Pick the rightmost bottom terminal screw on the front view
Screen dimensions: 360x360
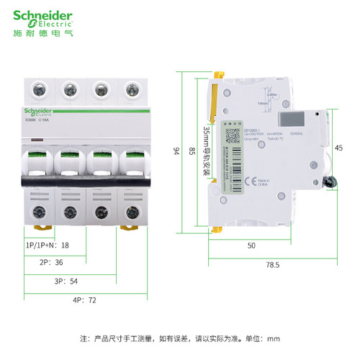pyautogui.click(x=130, y=212)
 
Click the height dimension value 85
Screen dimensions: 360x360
pyautogui.click(x=191, y=150)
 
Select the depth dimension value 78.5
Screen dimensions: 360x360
pyautogui.click(x=271, y=266)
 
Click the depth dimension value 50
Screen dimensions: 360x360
pyautogui.click(x=252, y=246)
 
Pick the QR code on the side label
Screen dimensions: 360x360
pyautogui.click(x=233, y=135)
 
